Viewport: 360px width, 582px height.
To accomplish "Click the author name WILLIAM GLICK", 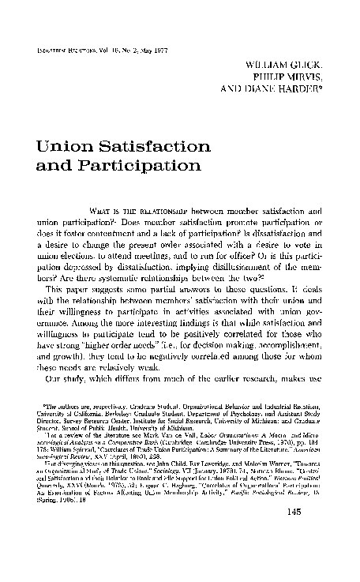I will coord(291,60).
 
